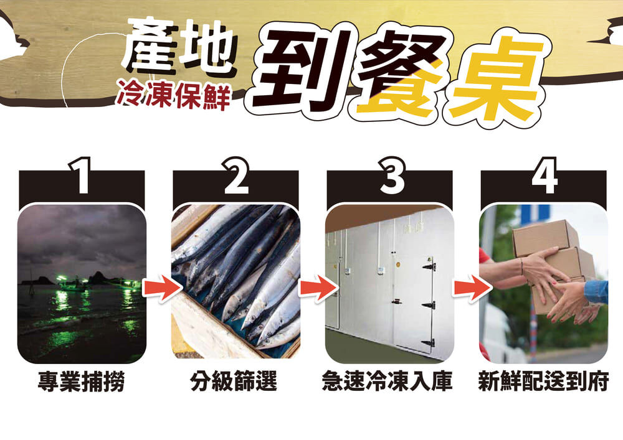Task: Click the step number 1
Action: pos(82,176)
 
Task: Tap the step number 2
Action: pos(235,176)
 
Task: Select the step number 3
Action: pos(391,176)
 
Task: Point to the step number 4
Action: pos(545,176)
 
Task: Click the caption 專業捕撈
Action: pos(82,381)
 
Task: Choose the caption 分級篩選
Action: pos(234,381)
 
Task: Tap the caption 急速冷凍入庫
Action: pos(388,381)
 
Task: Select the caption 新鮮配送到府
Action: pos(543,381)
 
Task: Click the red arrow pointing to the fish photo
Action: pos(161,288)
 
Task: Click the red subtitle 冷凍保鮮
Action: pos(174,96)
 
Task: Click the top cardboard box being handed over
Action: pos(545,238)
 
